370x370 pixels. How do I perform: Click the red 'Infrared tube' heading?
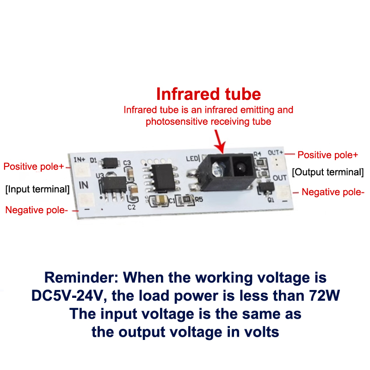209,94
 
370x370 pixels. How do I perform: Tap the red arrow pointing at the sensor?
219,142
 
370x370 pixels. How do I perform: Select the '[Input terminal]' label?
37,189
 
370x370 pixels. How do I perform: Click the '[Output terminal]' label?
328,172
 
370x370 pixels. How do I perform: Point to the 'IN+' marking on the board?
79,160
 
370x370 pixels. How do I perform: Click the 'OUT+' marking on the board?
275,153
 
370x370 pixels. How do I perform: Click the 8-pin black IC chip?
162,177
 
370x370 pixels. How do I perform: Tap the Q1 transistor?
266,188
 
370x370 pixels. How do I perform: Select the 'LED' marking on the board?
192,158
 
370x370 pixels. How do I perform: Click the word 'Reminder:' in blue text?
81,277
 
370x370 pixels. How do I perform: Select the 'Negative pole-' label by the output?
333,192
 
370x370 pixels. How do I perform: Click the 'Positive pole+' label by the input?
34,166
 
